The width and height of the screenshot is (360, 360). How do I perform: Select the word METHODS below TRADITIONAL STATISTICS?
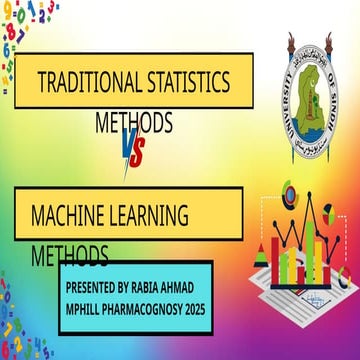pos(134,122)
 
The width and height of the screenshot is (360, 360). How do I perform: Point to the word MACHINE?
pos(71,213)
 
